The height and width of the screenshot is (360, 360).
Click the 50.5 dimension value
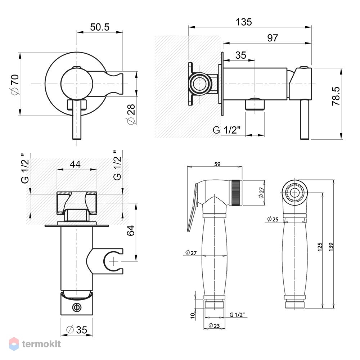[x=100, y=27]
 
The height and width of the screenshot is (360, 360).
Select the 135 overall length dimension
[x=244, y=22]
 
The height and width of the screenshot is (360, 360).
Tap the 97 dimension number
[x=273, y=38]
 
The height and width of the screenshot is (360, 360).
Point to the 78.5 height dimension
[x=336, y=96]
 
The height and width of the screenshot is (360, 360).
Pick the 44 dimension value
[x=75, y=164]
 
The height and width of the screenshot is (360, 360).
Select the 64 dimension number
[x=131, y=230]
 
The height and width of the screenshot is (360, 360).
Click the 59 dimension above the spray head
[x=217, y=164]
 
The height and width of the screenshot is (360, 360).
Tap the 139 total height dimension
[x=330, y=247]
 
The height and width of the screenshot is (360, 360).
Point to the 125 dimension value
[x=320, y=247]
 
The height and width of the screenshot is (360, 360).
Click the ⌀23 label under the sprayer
[x=214, y=325]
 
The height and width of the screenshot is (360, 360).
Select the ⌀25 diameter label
[x=273, y=219]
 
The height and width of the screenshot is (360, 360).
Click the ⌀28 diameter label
[x=131, y=114]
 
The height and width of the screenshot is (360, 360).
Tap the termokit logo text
[x=41, y=344]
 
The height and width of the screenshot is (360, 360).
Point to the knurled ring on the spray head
[x=236, y=193]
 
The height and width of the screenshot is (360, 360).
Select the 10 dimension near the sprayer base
[x=193, y=315]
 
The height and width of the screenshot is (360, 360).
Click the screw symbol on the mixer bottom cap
[x=76, y=307]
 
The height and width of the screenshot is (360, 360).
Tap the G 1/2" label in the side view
[x=226, y=130]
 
